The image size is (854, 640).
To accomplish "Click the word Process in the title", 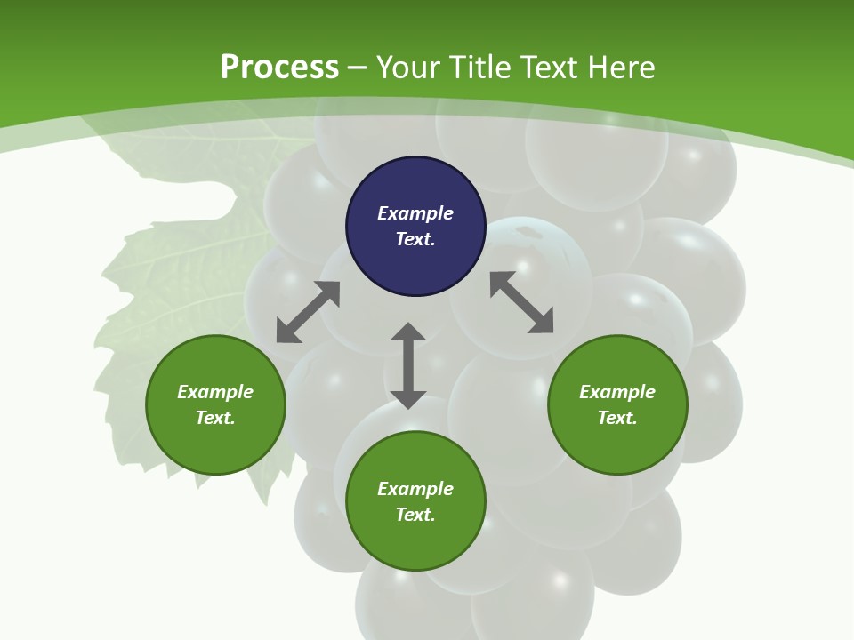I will click(x=279, y=68).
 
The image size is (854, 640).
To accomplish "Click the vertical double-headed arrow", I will click(x=408, y=365).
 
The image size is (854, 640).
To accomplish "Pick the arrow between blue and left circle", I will click(x=308, y=312).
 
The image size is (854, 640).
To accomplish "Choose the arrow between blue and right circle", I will click(x=521, y=302).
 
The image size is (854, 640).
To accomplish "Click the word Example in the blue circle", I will click(x=415, y=213).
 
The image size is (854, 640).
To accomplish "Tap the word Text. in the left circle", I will click(x=215, y=418).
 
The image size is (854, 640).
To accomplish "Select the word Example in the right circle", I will click(x=617, y=392).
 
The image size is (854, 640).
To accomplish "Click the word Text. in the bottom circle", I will click(x=415, y=515).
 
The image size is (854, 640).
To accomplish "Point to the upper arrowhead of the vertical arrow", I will click(x=408, y=332).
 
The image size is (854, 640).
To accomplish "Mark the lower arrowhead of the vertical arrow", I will click(x=408, y=399).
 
